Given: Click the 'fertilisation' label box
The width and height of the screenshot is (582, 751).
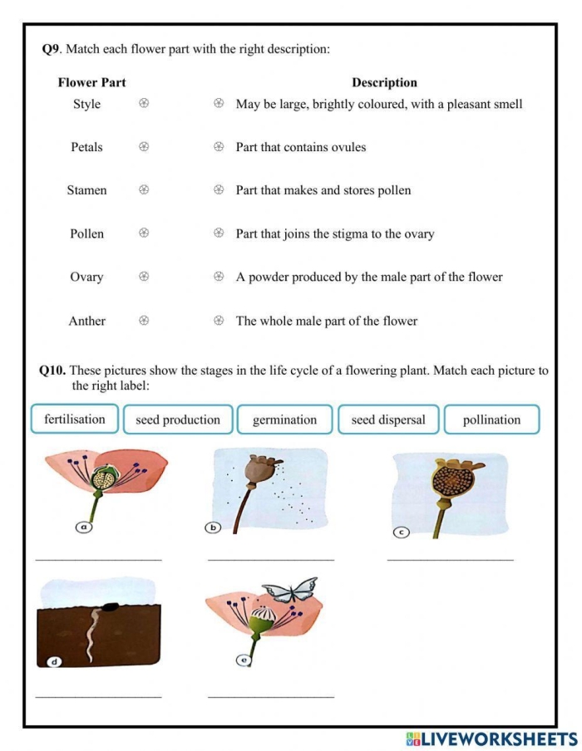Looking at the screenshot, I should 75,420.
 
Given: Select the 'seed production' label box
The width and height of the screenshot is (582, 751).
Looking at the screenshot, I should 178,420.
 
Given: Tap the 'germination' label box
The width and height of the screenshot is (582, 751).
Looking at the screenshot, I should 284,420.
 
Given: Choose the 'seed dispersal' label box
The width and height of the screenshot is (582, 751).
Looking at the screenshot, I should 388,420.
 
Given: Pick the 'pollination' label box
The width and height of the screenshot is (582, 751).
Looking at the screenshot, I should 491,420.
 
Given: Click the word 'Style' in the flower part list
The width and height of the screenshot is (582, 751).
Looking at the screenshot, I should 86,104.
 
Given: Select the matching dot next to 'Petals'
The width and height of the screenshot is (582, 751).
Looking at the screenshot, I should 144,147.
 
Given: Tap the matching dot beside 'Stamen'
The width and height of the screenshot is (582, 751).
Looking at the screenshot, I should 144,190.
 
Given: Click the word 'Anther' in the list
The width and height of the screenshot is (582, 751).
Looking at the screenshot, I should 86,321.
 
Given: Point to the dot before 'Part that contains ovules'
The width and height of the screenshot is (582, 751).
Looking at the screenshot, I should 219,147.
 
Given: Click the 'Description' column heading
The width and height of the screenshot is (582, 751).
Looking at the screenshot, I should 384,82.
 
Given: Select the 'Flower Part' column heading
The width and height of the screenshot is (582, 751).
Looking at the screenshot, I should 91,82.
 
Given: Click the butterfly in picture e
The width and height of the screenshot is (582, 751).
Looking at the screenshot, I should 289,591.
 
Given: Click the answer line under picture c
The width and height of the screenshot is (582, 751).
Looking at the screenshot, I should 450,559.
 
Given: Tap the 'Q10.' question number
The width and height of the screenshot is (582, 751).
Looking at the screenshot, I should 54,371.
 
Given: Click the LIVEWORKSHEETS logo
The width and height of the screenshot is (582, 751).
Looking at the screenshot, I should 491,739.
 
